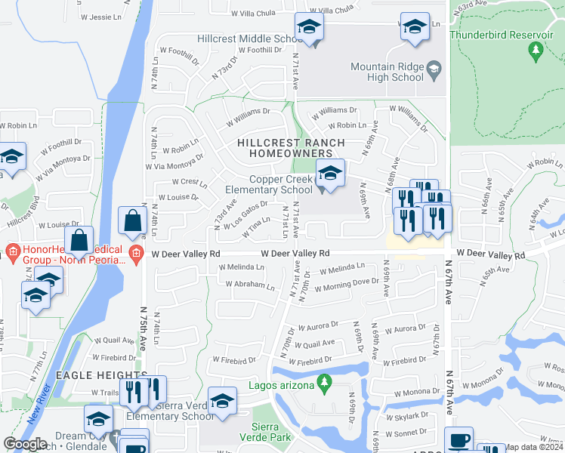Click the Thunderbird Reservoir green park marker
click(536, 51)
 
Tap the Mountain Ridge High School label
click(387, 72)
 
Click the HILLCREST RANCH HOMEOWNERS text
click(291, 148)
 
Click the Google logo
click(25, 444)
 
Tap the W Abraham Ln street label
click(250, 285)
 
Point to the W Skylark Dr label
click(412, 418)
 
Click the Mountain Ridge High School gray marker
click(434, 71)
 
